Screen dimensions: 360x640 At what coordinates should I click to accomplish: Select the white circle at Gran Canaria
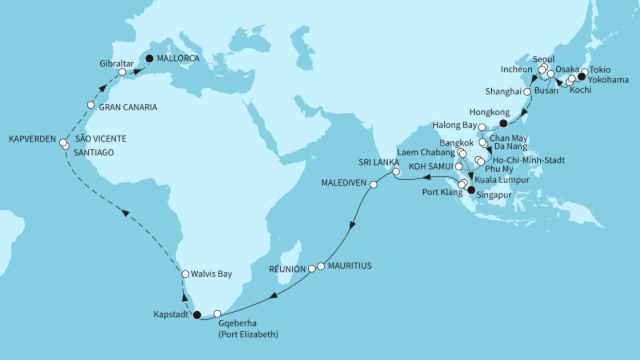91,106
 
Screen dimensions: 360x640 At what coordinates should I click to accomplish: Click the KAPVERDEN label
28,141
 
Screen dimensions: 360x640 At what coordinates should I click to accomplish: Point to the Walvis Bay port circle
185,274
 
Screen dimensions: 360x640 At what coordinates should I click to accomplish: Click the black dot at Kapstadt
198,315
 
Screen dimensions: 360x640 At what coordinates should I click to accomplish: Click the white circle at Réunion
313,269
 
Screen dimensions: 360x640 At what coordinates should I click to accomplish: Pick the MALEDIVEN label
344,182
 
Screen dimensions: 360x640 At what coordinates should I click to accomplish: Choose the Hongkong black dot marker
503,123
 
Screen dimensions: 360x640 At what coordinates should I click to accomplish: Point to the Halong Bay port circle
482,128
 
